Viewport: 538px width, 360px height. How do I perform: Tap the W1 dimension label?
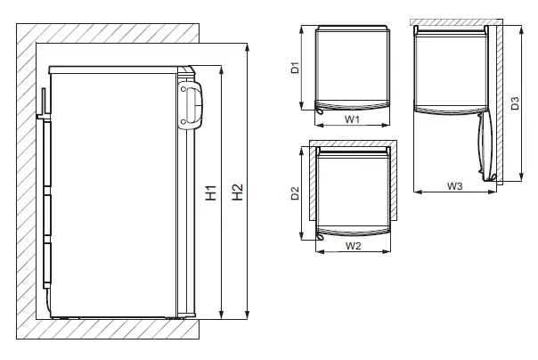pyautogui.click(x=351, y=119)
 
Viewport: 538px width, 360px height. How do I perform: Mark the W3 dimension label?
pyautogui.click(x=453, y=185)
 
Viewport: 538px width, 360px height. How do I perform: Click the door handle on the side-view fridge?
pyautogui.click(x=190, y=102)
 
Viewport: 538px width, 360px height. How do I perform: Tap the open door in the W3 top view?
pyautogui.click(x=485, y=147)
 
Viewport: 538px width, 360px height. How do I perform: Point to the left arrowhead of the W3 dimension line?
pyautogui.click(x=416, y=192)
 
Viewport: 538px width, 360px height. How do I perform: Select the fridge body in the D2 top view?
pyautogui.click(x=351, y=187)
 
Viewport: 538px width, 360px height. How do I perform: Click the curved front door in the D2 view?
pyautogui.click(x=351, y=232)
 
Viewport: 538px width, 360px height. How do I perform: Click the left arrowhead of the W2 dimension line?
pyautogui.click(x=317, y=250)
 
